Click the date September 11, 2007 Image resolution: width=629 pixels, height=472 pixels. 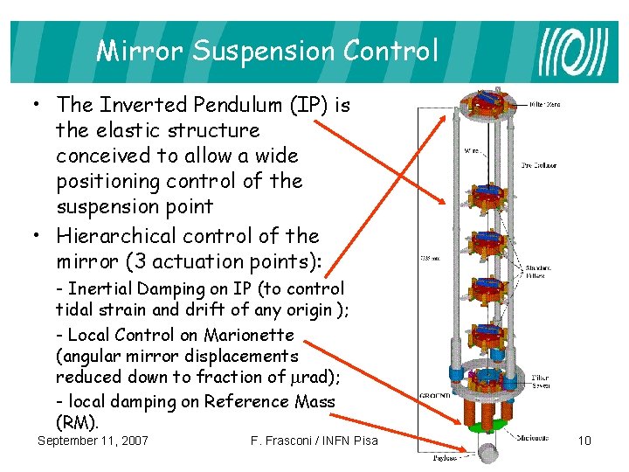click(x=93, y=441)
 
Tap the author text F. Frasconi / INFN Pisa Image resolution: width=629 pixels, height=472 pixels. click(x=314, y=441)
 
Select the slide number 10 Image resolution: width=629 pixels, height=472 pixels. click(x=584, y=441)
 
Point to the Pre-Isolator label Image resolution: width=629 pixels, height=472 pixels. click(x=539, y=164)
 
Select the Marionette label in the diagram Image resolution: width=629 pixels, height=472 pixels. click(x=534, y=438)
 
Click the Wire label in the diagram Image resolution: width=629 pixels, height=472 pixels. click(x=470, y=149)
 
